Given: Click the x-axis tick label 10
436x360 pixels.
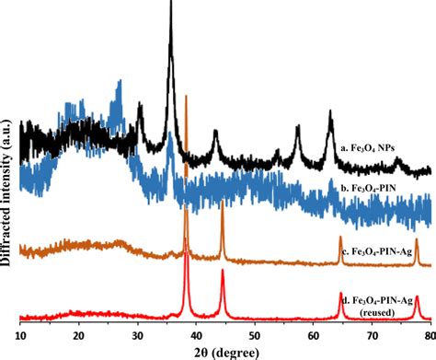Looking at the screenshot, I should point(20,335).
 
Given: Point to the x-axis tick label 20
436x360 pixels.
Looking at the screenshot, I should point(79,335).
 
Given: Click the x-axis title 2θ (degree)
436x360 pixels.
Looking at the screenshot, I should point(224,352).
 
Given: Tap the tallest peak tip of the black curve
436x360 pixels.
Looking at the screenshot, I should point(171,4).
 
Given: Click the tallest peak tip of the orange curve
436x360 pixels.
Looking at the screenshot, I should point(187,95).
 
